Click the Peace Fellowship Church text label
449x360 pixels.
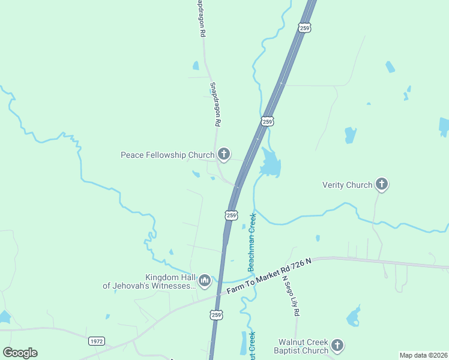[167, 155]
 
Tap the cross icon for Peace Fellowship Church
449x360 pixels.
[224, 155]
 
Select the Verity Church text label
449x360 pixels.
[347, 185]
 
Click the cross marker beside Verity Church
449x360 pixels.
[381, 184]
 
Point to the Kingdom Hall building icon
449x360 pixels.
[205, 280]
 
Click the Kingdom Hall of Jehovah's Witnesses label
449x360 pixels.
[149, 281]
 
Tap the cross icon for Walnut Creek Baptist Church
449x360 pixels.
[337, 345]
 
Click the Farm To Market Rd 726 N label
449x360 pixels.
[270, 276]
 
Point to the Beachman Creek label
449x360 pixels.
[252, 241]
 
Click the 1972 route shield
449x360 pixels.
[96, 341]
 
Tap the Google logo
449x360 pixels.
[20, 353]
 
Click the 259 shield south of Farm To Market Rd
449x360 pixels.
[217, 314]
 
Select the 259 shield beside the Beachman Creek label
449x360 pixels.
[232, 214]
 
